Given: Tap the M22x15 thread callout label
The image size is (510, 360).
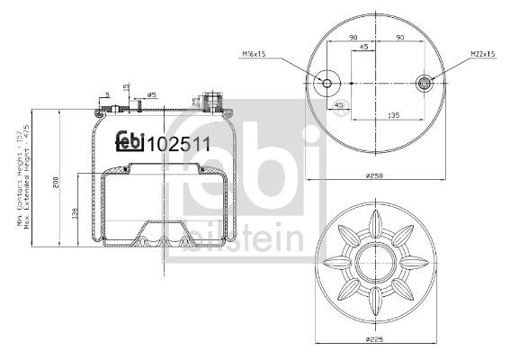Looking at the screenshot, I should click(x=482, y=55).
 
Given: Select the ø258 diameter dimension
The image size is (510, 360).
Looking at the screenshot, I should click(x=378, y=176).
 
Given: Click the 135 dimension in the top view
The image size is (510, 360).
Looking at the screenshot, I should click(x=393, y=115).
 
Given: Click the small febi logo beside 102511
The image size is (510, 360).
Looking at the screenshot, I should click(x=131, y=141).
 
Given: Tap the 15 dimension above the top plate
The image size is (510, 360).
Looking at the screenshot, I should click(x=127, y=88).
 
